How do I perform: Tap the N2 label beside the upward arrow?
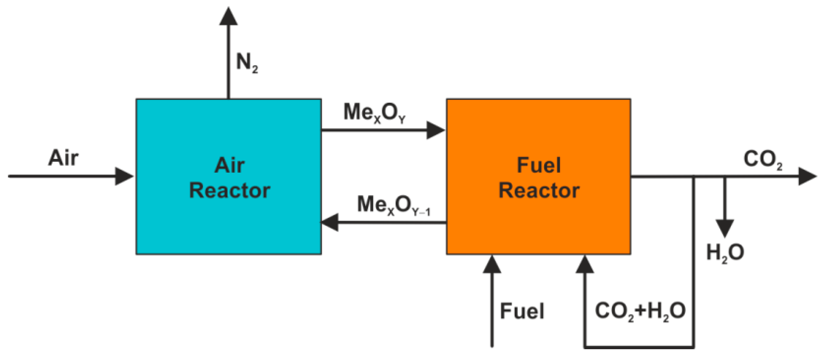247,63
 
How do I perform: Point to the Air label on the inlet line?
63,158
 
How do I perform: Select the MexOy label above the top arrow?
374,113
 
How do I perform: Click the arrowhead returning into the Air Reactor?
330,222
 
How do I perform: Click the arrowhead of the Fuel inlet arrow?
492,265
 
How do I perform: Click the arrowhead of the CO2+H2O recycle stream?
584,265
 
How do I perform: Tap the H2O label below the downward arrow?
725,252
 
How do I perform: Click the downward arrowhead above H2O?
725,228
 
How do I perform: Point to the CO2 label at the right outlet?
762,159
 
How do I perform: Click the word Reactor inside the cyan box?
230,190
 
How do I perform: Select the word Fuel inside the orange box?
539,165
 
